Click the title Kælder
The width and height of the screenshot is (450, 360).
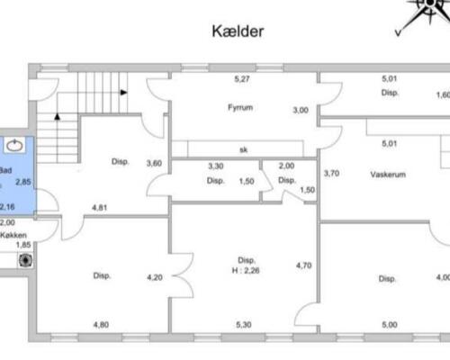pyautogui.click(x=238, y=31)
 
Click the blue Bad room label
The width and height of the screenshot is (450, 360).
pyautogui.click(x=5, y=169)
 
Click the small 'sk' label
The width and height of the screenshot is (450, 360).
pyautogui.click(x=242, y=149)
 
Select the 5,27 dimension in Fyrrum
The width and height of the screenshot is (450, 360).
pyautogui.click(x=242, y=80)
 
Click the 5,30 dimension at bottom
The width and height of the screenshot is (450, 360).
pyautogui.click(x=242, y=324)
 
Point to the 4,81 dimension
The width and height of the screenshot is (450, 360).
pyautogui.click(x=101, y=208)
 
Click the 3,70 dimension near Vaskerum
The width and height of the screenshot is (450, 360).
pyautogui.click(x=331, y=173)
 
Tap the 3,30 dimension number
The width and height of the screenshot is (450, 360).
pyautogui.click(x=215, y=166)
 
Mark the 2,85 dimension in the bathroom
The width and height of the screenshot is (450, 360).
pyautogui.click(x=24, y=182)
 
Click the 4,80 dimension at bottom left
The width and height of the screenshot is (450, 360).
pyautogui.click(x=101, y=324)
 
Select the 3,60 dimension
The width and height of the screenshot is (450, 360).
pyautogui.click(x=154, y=163)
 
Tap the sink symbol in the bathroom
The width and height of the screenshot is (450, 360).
pyautogui.click(x=16, y=144)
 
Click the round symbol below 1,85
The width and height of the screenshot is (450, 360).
pyautogui.click(x=25, y=262)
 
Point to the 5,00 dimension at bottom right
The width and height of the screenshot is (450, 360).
pyautogui.click(x=389, y=324)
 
